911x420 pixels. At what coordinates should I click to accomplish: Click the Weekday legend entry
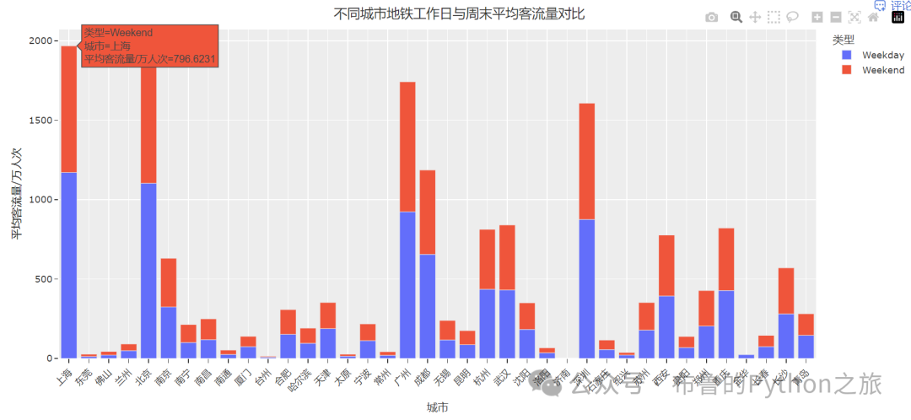click(882, 55)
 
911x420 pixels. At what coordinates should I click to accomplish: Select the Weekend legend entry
click(882, 70)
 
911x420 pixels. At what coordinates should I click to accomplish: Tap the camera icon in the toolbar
click(712, 17)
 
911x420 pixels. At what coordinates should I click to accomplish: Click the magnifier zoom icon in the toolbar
click(736, 17)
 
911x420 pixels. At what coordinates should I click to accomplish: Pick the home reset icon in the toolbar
click(873, 17)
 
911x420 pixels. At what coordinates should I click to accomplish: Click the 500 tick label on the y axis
click(45, 279)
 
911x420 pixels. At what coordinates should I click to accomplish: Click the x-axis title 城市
click(436, 407)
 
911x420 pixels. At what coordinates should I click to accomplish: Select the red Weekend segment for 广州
click(407, 147)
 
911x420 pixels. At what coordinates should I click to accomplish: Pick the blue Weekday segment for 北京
click(148, 270)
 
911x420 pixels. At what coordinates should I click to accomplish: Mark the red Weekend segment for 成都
click(428, 212)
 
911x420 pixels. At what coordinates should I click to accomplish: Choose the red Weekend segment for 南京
click(169, 283)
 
